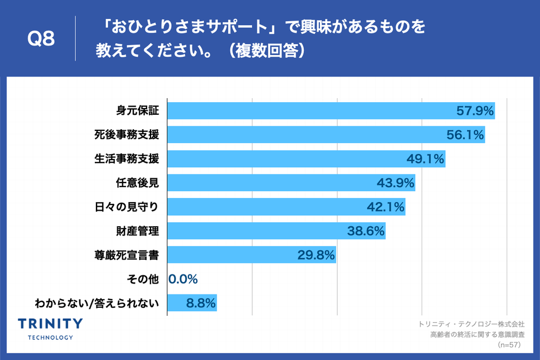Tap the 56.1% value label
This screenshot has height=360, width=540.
(x=465, y=136)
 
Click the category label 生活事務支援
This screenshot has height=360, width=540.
(x=126, y=159)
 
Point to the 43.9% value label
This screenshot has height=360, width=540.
(x=395, y=183)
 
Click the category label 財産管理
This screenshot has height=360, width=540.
(x=137, y=231)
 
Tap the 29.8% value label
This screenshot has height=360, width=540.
(x=316, y=256)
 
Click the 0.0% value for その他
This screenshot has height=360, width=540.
(x=183, y=280)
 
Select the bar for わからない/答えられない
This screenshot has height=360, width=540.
(x=192, y=303)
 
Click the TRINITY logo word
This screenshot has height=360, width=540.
(x=51, y=324)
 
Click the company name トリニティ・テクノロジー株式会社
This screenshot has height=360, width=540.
(x=472, y=324)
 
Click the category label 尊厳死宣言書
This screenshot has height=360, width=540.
(x=126, y=255)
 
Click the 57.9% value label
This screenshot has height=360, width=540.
(x=475, y=111)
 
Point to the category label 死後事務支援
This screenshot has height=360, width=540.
(x=126, y=135)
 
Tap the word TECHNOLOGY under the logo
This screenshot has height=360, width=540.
(x=51, y=337)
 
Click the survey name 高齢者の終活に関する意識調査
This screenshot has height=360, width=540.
(x=477, y=335)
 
